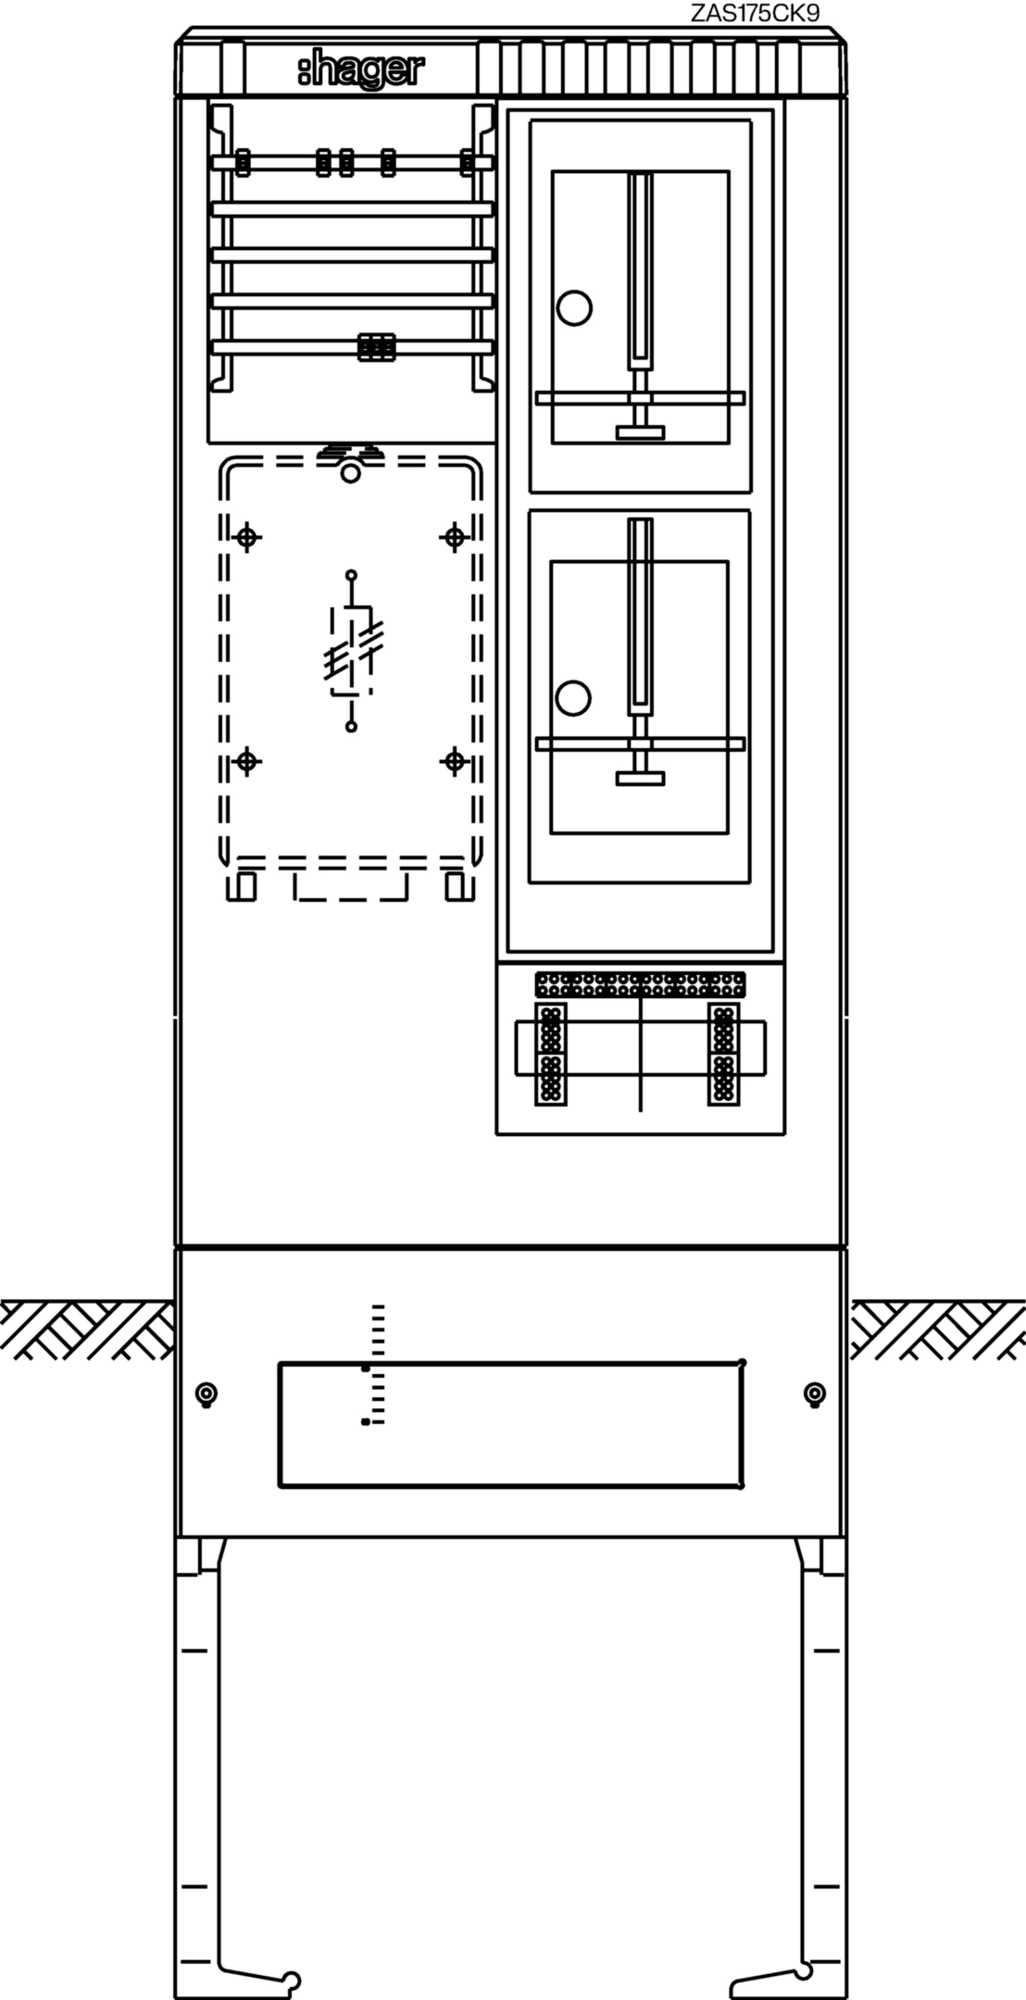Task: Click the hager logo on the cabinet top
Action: tap(361, 70)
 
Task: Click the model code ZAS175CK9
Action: tap(755, 13)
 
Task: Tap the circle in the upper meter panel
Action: tap(574, 307)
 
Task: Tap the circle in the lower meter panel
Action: tap(573, 698)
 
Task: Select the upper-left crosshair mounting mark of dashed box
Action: tap(246, 537)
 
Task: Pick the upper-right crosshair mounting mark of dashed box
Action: tap(454, 537)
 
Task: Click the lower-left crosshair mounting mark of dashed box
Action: tap(246, 761)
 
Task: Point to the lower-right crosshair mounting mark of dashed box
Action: tap(454, 761)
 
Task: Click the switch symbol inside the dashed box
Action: tap(352, 651)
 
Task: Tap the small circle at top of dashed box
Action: tap(350, 473)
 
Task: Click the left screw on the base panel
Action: tap(206, 1394)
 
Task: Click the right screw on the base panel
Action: tap(815, 1394)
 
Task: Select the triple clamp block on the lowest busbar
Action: tap(377, 347)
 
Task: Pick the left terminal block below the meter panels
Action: tap(551, 1054)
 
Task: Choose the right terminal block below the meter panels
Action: tap(724, 1054)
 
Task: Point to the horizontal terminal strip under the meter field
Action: tap(640, 984)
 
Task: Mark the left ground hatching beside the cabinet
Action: tap(87, 1330)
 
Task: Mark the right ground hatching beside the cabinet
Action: tap(937, 1330)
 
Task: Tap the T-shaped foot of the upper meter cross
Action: tap(641, 431)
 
